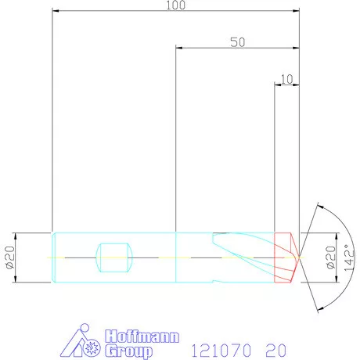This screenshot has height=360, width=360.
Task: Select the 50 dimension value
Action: [x=238, y=42]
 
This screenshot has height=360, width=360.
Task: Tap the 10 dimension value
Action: [x=286, y=78]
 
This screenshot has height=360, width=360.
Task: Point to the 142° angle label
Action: [x=350, y=256]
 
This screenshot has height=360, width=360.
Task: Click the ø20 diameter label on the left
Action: [x=10, y=256]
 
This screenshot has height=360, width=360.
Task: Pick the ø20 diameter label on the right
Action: [x=330, y=256]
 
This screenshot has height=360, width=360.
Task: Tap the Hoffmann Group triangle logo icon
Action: [x=81, y=342]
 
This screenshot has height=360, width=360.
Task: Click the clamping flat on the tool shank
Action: [x=112, y=256]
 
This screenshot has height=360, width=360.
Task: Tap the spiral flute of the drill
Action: [x=243, y=247]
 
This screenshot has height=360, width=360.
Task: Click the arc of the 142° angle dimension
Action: [x=341, y=227]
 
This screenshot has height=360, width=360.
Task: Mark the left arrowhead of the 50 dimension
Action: [x=180, y=48]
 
